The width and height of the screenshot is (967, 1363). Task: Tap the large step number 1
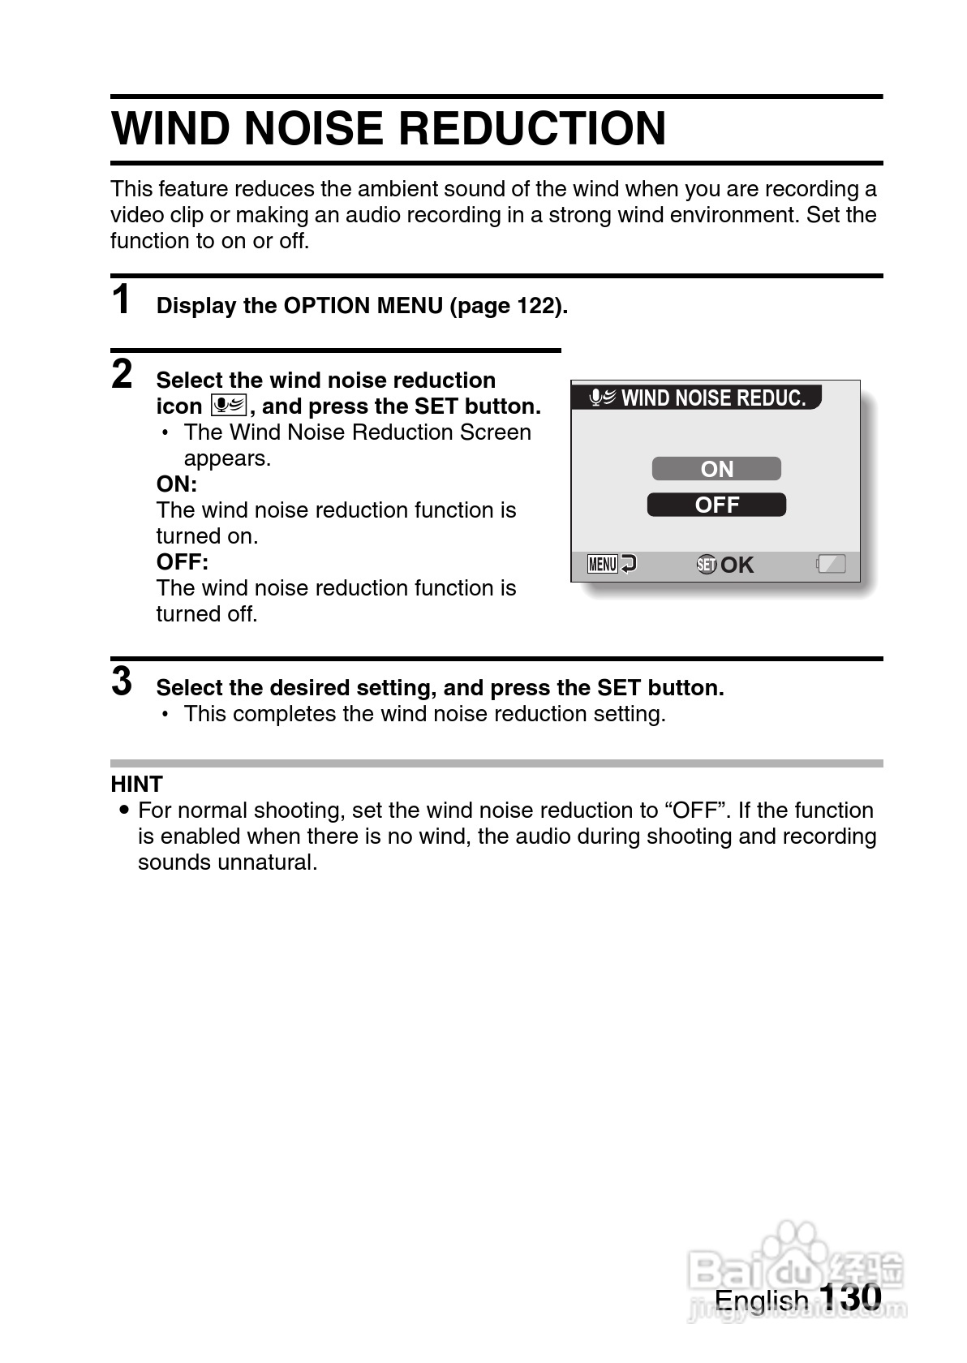[122, 300]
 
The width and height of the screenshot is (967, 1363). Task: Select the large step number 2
[122, 375]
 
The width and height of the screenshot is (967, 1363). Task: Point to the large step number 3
[122, 681]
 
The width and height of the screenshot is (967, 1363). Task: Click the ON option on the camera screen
[716, 469]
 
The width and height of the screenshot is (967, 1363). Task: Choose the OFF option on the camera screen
[716, 505]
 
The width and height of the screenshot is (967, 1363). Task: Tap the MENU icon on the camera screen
[603, 564]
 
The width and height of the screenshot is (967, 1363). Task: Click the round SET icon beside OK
[707, 565]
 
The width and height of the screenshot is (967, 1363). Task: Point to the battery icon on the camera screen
[832, 564]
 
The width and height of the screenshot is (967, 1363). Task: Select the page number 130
[849, 1296]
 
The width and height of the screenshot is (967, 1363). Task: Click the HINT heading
[136, 784]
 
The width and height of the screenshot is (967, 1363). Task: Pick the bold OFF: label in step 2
[182, 562]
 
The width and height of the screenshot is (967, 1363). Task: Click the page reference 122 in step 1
[535, 306]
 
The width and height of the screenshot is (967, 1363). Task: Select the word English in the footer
[761, 1300]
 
